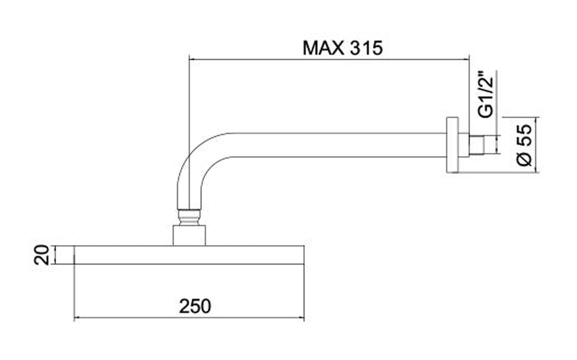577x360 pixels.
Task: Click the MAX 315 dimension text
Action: (x=343, y=48)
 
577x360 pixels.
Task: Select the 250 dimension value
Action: (x=195, y=307)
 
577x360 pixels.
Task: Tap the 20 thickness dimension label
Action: (x=42, y=255)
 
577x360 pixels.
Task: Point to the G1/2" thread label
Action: (x=486, y=95)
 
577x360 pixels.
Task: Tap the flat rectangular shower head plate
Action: (x=189, y=255)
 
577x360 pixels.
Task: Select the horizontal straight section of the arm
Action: (x=327, y=145)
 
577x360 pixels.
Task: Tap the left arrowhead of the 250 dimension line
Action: (x=77, y=318)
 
